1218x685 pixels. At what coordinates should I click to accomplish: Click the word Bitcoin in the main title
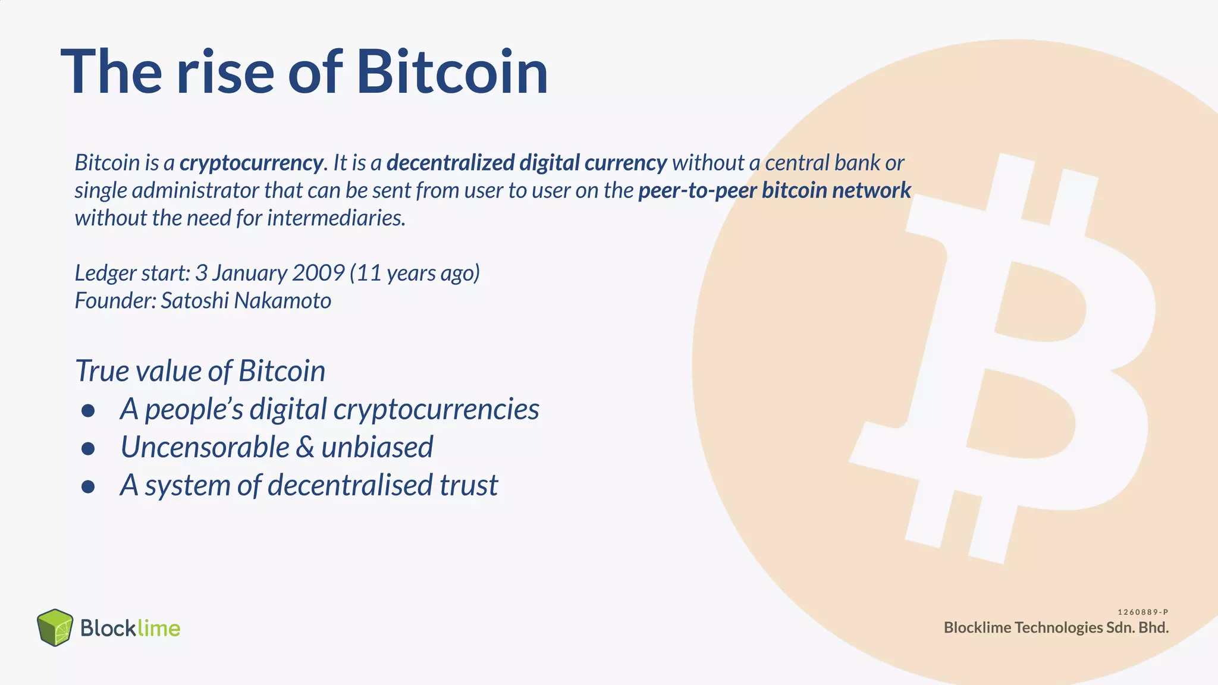(x=452, y=73)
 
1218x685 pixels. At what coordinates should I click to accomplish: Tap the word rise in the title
(x=225, y=73)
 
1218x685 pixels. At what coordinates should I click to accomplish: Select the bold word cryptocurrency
(x=252, y=163)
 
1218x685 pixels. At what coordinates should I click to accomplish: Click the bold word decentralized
(x=450, y=163)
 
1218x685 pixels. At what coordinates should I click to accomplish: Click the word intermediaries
(x=336, y=218)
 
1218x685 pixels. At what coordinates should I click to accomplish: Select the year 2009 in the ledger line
(x=318, y=273)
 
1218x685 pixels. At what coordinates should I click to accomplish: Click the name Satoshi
(x=194, y=301)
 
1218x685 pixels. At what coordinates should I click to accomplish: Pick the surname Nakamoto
(x=282, y=301)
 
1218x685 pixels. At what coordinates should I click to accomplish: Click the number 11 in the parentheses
(x=369, y=273)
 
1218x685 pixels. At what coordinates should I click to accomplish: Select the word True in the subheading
(x=102, y=371)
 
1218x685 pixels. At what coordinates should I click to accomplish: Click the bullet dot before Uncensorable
(x=88, y=448)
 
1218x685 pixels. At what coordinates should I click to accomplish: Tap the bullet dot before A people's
(x=88, y=410)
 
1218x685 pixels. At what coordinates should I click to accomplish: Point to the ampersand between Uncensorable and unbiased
(x=304, y=447)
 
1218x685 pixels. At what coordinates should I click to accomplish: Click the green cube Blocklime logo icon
(x=55, y=627)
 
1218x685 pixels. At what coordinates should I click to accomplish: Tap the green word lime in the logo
(x=158, y=628)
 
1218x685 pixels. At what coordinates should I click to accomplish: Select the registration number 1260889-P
(x=1143, y=612)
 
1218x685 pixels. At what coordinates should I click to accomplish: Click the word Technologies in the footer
(x=1059, y=628)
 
